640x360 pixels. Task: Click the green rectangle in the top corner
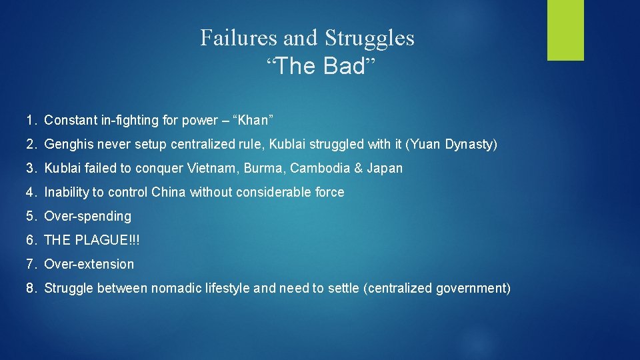point(565,30)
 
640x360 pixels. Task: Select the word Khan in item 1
point(252,121)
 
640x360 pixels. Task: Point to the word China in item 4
point(169,193)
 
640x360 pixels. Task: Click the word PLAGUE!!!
point(107,241)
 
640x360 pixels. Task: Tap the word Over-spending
point(87,217)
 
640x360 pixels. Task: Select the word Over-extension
point(89,265)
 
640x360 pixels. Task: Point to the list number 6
point(31,241)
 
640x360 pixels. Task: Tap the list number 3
point(31,169)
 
